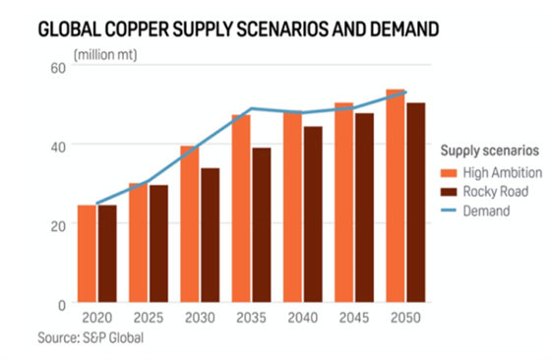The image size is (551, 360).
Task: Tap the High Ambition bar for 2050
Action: (x=395, y=196)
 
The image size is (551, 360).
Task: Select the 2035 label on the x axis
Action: (x=250, y=321)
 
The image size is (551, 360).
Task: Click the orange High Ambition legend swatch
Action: (x=445, y=173)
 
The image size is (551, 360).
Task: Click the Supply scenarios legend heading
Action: (x=488, y=152)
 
